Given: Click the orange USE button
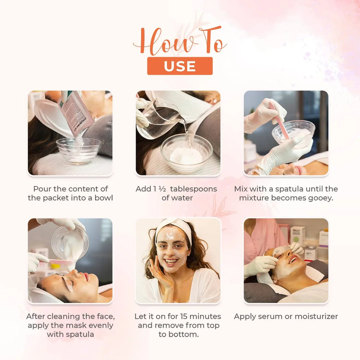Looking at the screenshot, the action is (x=180, y=66).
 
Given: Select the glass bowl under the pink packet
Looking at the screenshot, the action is (x=79, y=150).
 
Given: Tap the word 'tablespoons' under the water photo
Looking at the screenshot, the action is (x=193, y=189).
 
